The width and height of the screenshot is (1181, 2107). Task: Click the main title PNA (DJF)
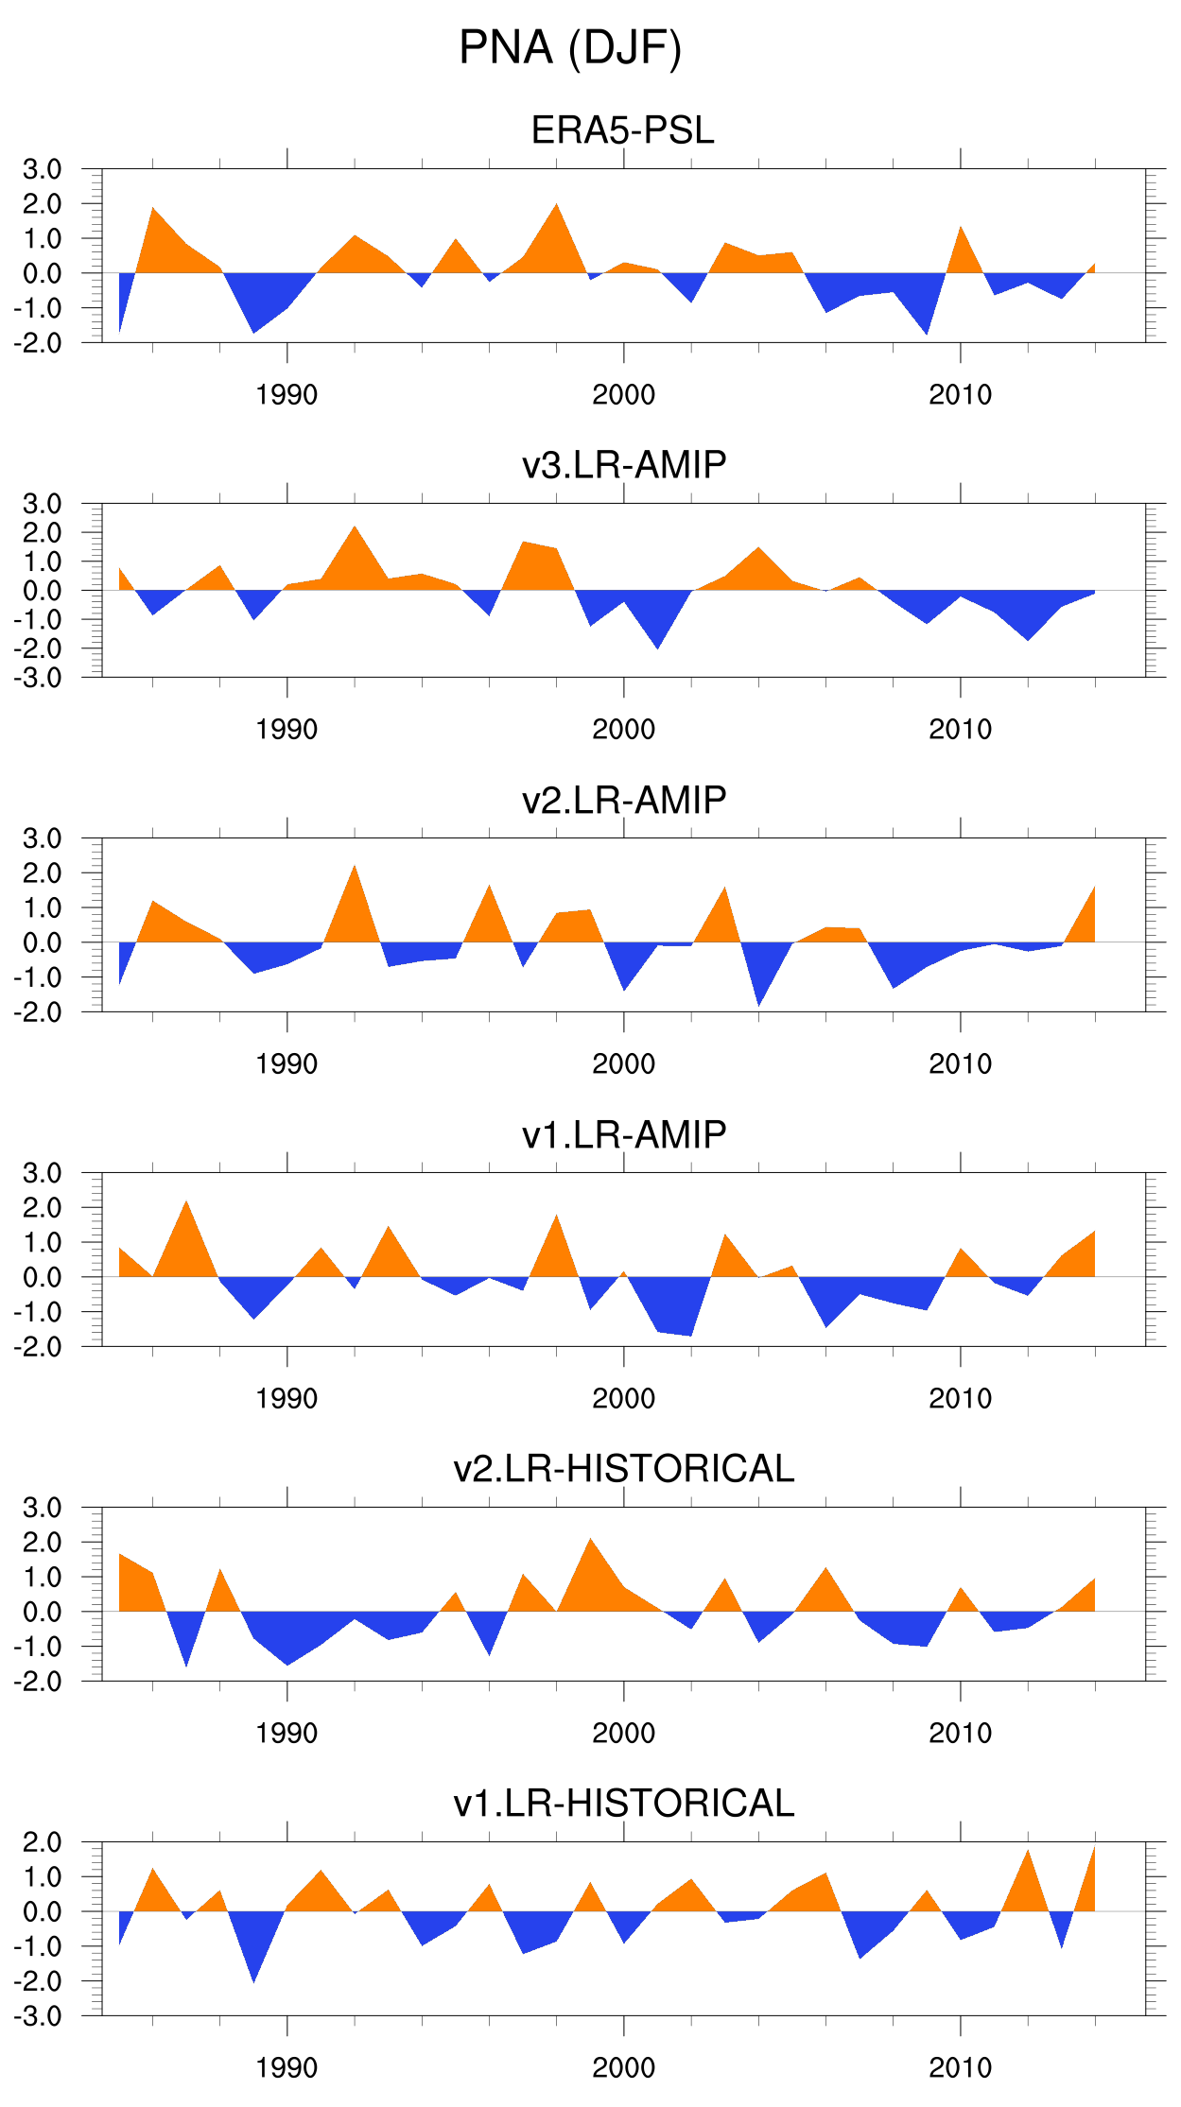(570, 48)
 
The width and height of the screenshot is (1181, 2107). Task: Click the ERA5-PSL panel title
(623, 130)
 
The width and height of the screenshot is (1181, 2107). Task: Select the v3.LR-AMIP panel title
(623, 465)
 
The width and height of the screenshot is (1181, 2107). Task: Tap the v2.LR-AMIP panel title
(623, 800)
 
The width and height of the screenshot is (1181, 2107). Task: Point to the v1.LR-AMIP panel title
(623, 1134)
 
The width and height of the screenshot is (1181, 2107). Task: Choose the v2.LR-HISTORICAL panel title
(623, 1469)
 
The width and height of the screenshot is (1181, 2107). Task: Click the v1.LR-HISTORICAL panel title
(623, 1804)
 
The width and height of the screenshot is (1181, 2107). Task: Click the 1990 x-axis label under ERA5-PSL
(287, 395)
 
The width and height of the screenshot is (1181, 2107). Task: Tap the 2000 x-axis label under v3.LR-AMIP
(623, 730)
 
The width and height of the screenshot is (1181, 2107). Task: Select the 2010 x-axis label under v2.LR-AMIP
(960, 1064)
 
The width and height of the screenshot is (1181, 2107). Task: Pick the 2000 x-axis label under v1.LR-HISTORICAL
(623, 2068)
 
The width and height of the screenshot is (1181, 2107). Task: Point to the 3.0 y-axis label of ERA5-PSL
(42, 170)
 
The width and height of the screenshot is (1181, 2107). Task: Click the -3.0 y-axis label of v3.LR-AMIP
(38, 678)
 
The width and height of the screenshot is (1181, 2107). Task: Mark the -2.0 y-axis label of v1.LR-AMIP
(38, 1347)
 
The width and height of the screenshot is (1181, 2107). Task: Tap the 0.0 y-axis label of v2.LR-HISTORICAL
(42, 1613)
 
